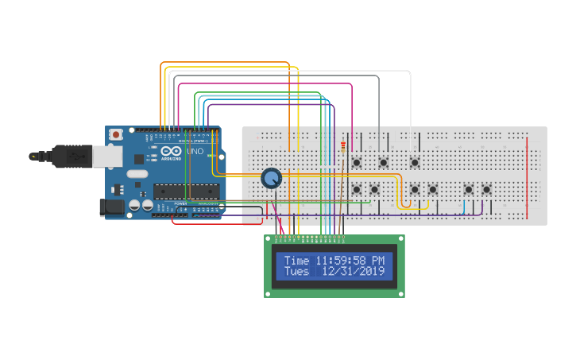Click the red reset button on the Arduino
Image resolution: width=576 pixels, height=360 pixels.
[x=117, y=135]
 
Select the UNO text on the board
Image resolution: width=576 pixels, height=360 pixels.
[x=195, y=151]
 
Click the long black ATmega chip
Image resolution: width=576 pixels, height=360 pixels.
[x=186, y=190]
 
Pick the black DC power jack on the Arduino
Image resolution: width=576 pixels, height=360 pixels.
[x=111, y=207]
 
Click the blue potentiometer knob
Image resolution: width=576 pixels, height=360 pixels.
[x=271, y=179]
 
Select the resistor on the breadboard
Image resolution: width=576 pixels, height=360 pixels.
[x=342, y=146]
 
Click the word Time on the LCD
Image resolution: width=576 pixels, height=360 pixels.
[x=296, y=261]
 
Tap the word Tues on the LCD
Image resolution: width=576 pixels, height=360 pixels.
[x=296, y=272]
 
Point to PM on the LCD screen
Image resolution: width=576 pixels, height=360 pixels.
[x=377, y=261]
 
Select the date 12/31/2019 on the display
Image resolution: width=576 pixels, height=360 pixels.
[x=354, y=272]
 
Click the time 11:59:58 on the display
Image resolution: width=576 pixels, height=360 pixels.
[x=340, y=261]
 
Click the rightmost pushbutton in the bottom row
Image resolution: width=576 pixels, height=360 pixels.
[x=486, y=189]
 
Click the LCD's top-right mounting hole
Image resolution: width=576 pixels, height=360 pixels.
[x=400, y=239]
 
